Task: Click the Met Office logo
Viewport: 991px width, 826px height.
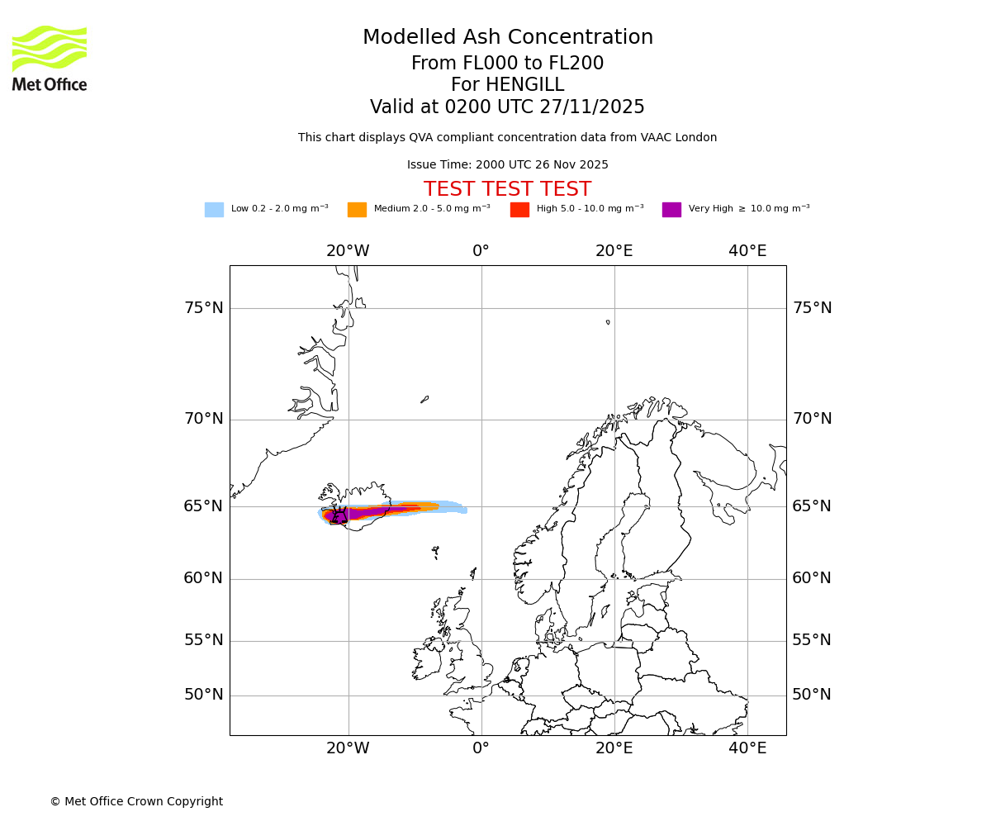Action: pos(50,59)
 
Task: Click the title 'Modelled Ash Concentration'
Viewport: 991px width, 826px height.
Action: pos(507,38)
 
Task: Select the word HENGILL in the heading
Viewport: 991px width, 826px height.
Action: pos(524,85)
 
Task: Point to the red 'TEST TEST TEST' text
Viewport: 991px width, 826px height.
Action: pos(507,190)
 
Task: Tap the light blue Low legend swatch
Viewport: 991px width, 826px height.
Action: pos(214,210)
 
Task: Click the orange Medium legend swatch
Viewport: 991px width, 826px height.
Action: pos(357,210)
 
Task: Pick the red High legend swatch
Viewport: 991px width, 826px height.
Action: pos(519,210)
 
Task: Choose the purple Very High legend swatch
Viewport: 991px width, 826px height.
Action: pos(671,210)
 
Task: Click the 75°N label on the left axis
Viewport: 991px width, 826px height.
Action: pos(203,308)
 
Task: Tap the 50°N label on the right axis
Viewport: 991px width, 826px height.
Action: pos(812,695)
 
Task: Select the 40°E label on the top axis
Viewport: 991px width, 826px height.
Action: pos(747,251)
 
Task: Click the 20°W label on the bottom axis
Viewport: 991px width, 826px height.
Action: pos(348,748)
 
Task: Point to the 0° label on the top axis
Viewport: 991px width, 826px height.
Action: pos(481,251)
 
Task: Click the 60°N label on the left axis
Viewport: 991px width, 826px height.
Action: pos(203,578)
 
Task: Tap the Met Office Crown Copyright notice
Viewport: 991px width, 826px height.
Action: pos(136,802)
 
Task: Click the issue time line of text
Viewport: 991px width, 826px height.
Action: pos(507,165)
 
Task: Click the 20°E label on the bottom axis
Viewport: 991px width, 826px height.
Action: pos(614,748)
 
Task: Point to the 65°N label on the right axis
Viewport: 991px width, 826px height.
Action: pos(812,506)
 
